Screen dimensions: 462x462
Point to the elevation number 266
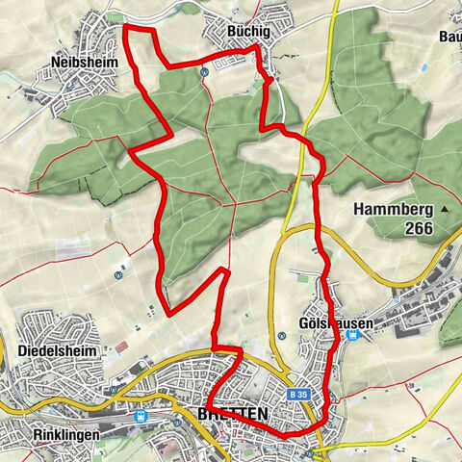pyautogui.click(x=420, y=228)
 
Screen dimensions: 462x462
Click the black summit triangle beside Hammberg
pyautogui.click(x=446, y=209)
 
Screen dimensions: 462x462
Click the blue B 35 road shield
pyautogui.click(x=299, y=395)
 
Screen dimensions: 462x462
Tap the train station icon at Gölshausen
pyautogui.click(x=353, y=335)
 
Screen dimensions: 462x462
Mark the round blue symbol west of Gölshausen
pyautogui.click(x=282, y=335)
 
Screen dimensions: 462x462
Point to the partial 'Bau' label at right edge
pyautogui.click(x=449, y=37)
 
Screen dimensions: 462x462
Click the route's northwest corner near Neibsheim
pyautogui.click(x=127, y=29)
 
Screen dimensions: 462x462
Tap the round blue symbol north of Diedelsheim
pyautogui.click(x=117, y=273)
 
